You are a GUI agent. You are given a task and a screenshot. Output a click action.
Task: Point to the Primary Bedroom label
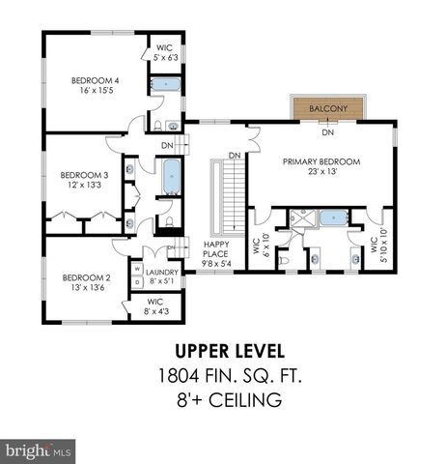pyautogui.click(x=320, y=162)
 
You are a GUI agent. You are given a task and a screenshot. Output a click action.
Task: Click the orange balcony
pyautogui.click(x=328, y=109)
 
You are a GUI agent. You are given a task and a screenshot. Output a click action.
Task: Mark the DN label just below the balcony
pyautogui.click(x=328, y=132)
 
